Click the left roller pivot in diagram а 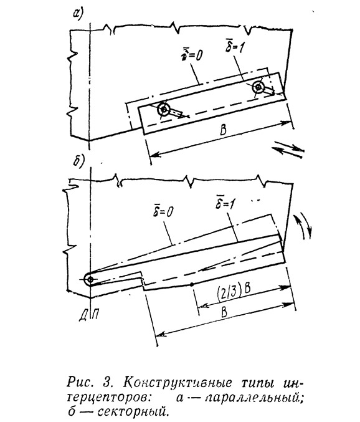coord(163,109)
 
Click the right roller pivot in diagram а coord(258,87)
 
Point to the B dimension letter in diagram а coord(223,130)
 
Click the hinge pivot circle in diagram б coord(90,280)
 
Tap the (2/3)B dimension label coord(234,291)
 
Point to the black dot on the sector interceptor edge coord(191,284)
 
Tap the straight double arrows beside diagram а coord(288,149)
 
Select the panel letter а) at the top coord(78,14)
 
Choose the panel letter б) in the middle coord(78,161)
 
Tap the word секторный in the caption coord(134,411)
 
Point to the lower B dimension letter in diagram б coord(224,312)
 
